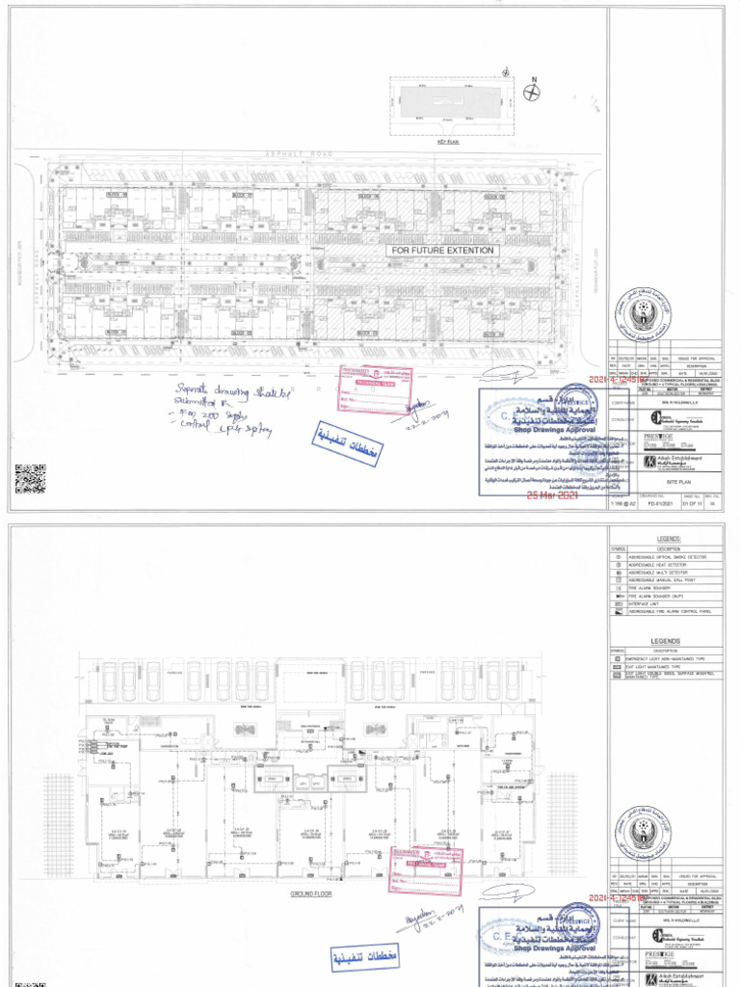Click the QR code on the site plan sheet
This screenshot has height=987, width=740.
click(x=30, y=479)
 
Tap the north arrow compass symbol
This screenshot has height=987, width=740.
click(x=531, y=91)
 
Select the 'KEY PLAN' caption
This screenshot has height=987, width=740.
click(x=449, y=142)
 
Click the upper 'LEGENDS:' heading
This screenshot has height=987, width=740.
click(x=669, y=540)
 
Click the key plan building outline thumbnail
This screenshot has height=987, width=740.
click(x=448, y=104)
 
